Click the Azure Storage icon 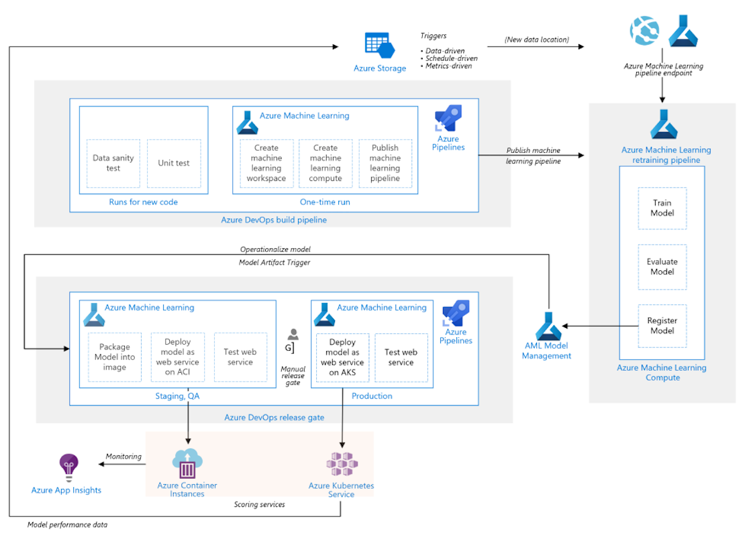[x=379, y=46]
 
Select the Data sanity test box [x=113, y=163]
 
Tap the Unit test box [x=174, y=163]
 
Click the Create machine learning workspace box [x=266, y=163]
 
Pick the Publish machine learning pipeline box [x=385, y=163]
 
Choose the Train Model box [x=662, y=208]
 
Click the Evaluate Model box [x=662, y=267]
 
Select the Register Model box [x=662, y=325]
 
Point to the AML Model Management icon [x=546, y=326]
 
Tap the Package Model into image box [x=115, y=357]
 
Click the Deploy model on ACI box [x=177, y=357]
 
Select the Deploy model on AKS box [x=342, y=357]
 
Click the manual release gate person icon [x=293, y=335]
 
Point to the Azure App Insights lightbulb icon [x=68, y=465]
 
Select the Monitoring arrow [x=123, y=464]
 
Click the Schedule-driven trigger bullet [x=451, y=58]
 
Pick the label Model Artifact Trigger [x=275, y=263]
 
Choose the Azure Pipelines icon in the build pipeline [x=448, y=119]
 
